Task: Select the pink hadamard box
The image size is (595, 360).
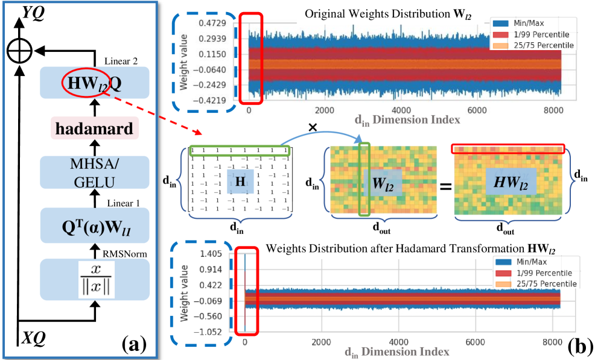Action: click(x=94, y=129)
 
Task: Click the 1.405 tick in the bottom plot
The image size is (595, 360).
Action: click(x=212, y=253)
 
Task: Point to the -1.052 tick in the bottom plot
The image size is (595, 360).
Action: click(x=211, y=332)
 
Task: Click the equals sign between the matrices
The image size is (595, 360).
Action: click(x=445, y=186)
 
